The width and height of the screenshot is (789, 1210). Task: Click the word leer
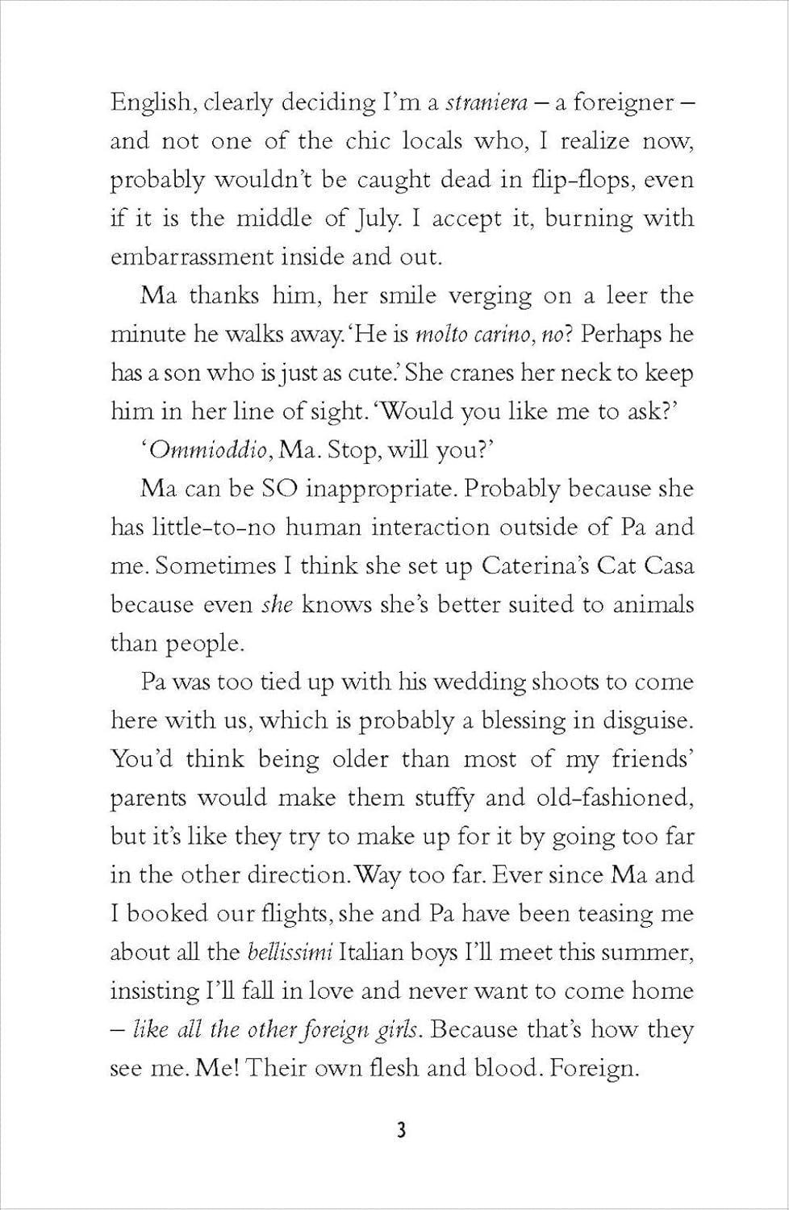627,295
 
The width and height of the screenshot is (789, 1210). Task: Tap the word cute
376,373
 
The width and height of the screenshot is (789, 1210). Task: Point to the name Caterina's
533,565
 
